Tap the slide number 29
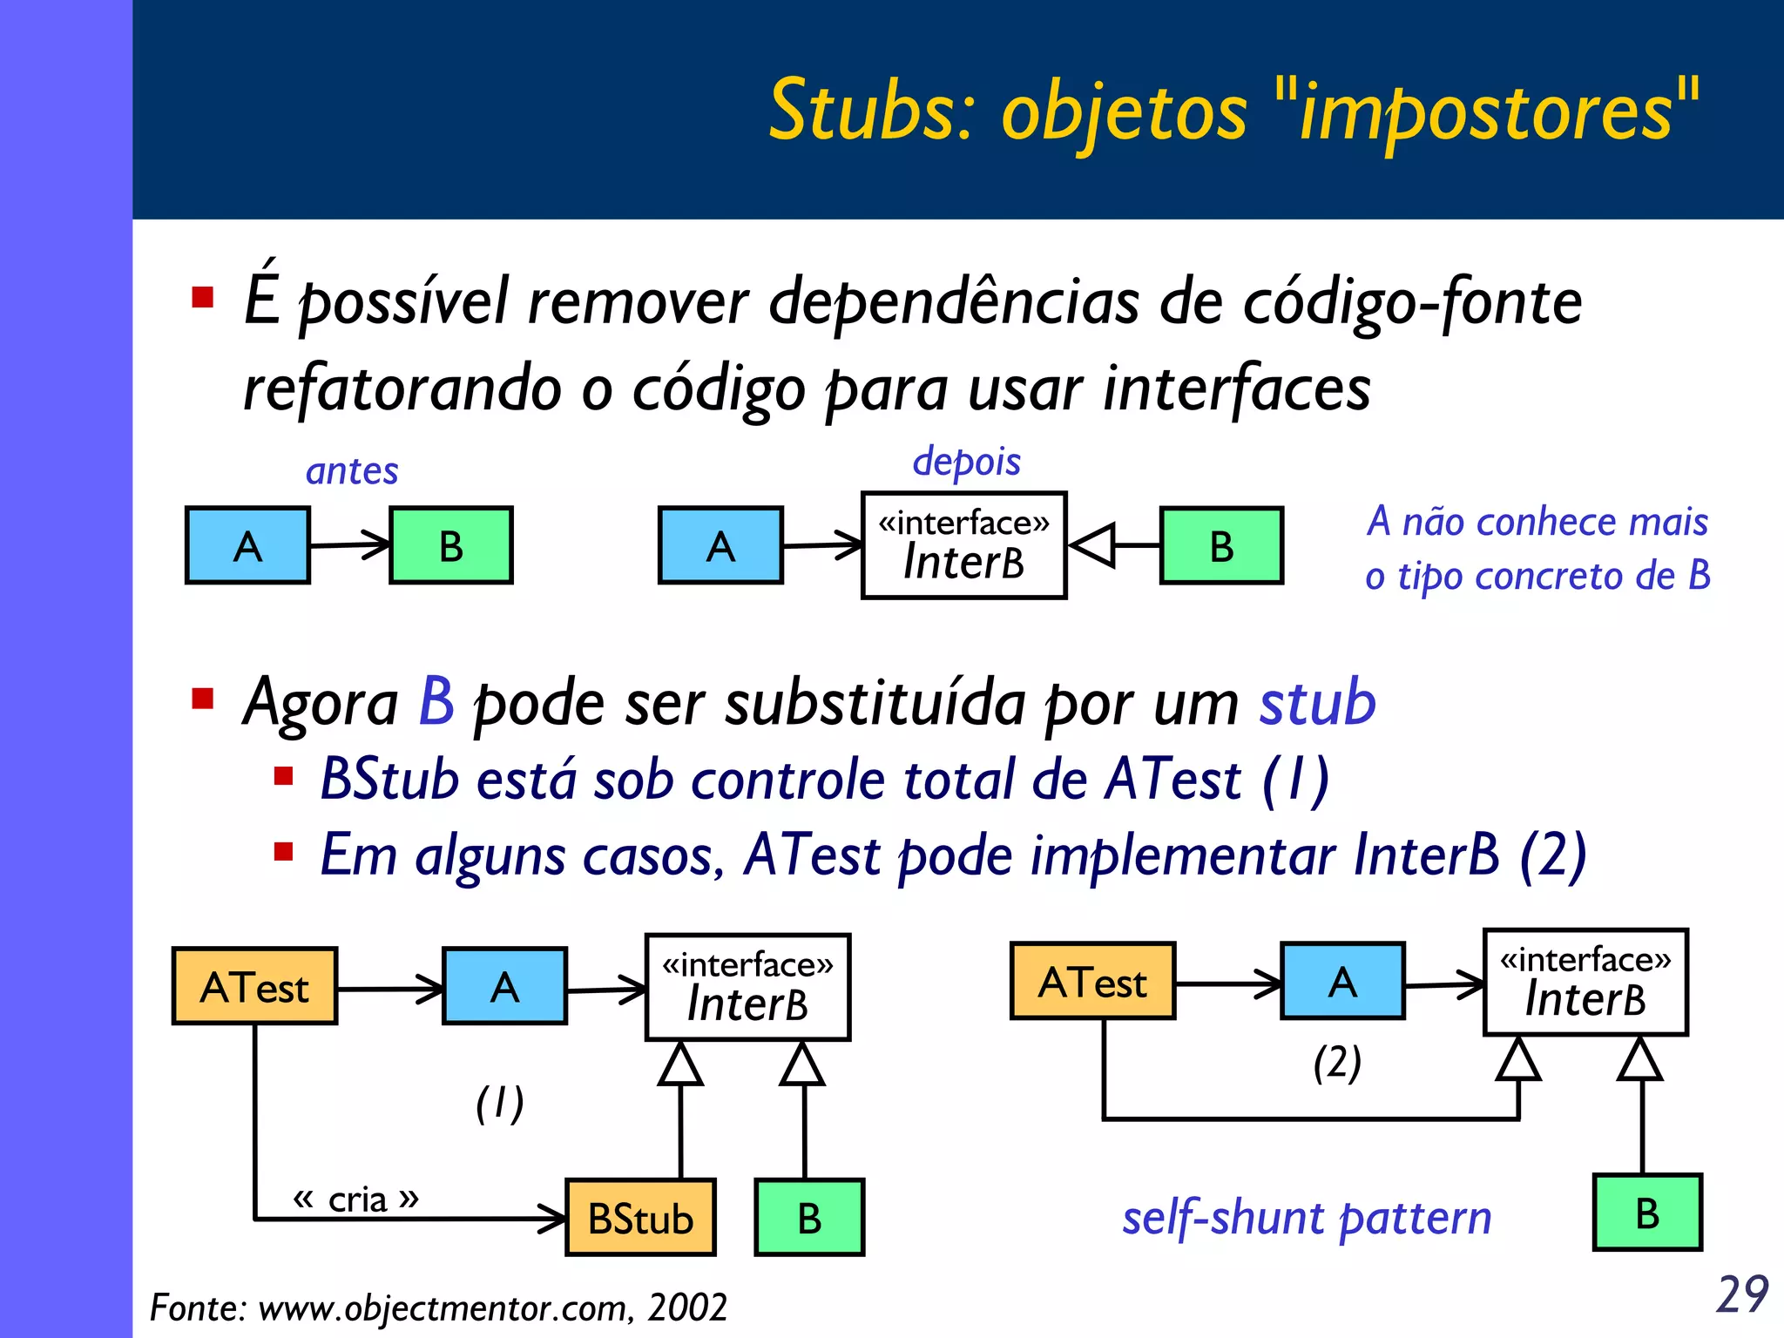(1742, 1294)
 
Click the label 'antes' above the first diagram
(352, 471)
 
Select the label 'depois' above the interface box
(966, 461)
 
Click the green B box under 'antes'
(450, 545)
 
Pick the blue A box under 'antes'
(247, 545)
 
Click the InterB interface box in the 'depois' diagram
(963, 545)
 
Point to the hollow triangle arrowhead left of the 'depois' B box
(1092, 545)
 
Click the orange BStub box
(640, 1218)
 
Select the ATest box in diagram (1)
(254, 986)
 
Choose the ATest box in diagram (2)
(1092, 981)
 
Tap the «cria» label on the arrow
(356, 1199)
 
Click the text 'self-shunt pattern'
(1306, 1218)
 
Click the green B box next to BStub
(809, 1218)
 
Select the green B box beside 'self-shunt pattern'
(1647, 1213)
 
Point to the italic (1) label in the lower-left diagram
(499, 1104)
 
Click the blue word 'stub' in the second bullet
(1317, 702)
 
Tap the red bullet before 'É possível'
(203, 299)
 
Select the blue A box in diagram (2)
(1342, 981)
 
